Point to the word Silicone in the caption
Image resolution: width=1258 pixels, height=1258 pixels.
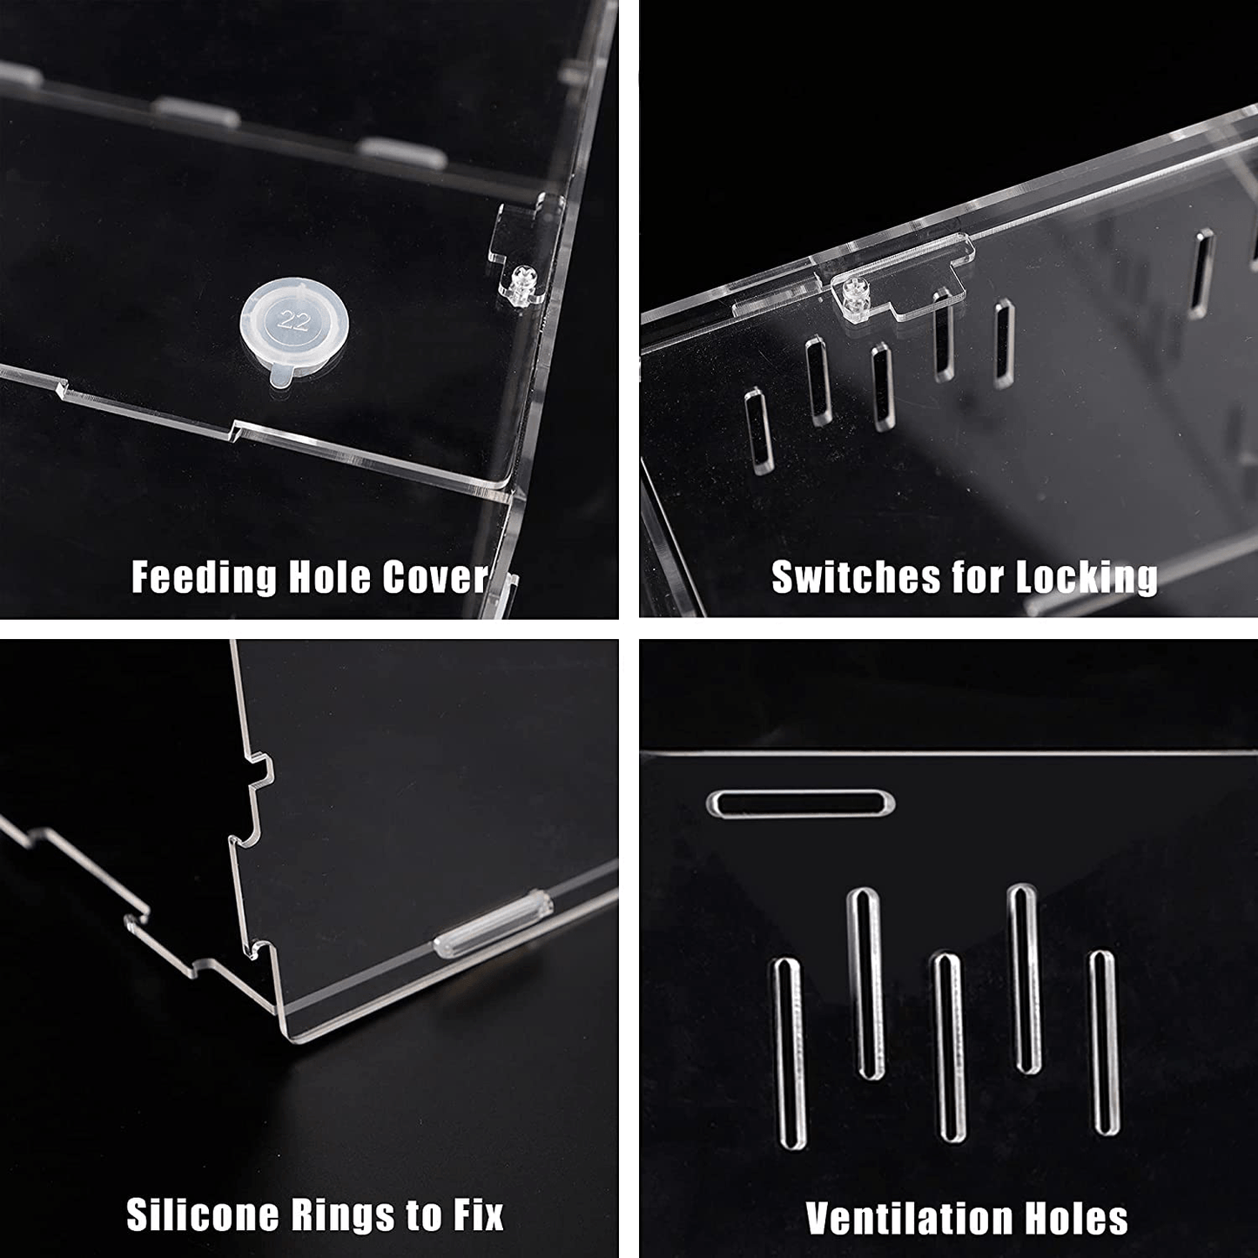[x=202, y=1214]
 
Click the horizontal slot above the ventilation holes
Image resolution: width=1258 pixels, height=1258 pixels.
[x=801, y=803]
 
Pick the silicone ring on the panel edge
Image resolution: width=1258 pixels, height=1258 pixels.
[x=493, y=925]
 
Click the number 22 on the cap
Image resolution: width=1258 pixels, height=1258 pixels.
[x=293, y=320]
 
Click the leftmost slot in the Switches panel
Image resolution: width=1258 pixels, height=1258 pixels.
[x=759, y=430]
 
